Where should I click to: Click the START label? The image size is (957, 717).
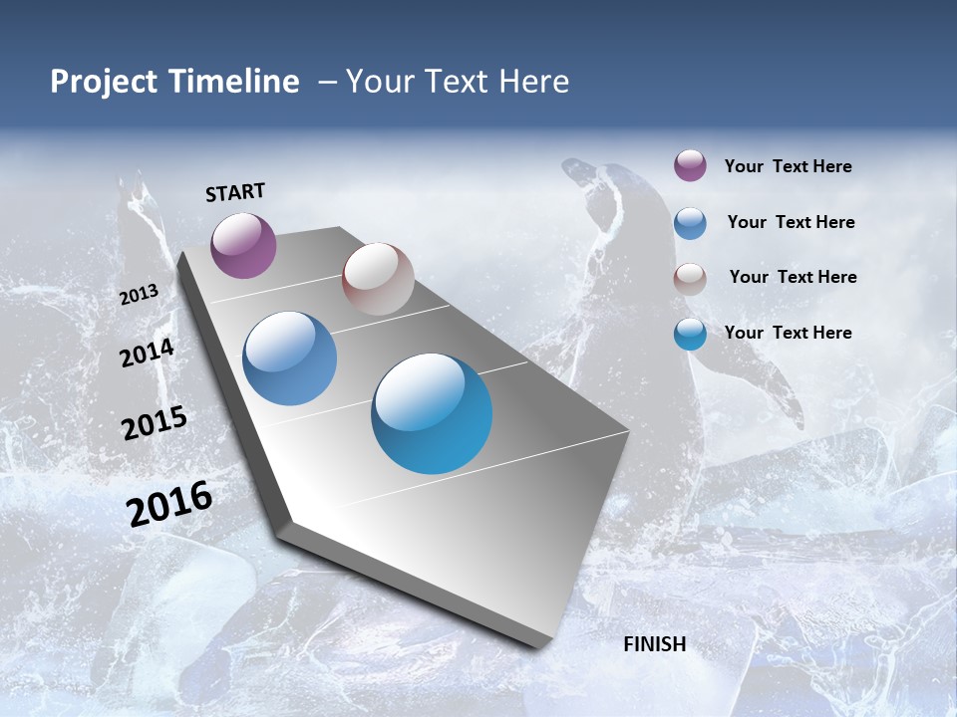(x=235, y=192)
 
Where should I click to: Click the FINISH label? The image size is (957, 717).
(x=654, y=644)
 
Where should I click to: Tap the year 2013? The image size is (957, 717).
(x=140, y=295)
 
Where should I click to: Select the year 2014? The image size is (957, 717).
(x=147, y=354)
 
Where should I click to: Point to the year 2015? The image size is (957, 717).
(x=155, y=423)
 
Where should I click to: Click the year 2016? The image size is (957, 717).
(x=169, y=504)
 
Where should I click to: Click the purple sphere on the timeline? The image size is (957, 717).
(x=243, y=245)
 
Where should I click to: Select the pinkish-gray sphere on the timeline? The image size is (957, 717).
(x=378, y=279)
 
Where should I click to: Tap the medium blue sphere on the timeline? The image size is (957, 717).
(x=289, y=358)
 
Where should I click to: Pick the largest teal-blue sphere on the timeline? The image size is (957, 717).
(x=432, y=413)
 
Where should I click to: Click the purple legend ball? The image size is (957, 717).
(x=690, y=166)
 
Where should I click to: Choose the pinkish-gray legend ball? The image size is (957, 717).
(x=690, y=278)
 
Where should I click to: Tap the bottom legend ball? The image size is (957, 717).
(x=690, y=334)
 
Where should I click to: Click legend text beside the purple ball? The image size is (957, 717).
(x=788, y=166)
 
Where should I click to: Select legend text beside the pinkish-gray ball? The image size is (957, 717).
(x=793, y=277)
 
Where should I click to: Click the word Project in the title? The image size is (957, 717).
(x=104, y=82)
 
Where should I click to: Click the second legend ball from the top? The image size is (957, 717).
(x=690, y=223)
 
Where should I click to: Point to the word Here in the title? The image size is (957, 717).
(x=533, y=82)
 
